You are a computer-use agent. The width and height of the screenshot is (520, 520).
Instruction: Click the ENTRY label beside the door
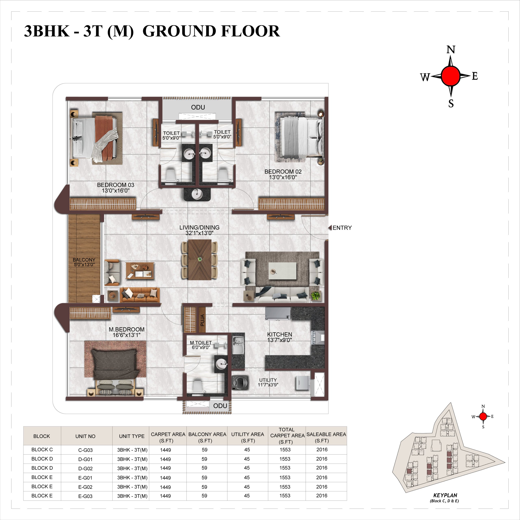342,228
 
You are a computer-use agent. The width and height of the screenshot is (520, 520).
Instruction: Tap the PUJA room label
202,320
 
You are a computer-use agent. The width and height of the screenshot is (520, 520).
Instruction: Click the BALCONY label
84,260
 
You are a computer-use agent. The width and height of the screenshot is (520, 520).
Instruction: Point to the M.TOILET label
201,343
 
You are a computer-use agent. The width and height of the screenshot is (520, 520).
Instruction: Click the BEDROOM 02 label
283,171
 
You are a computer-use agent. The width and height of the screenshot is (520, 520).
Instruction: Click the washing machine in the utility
239,382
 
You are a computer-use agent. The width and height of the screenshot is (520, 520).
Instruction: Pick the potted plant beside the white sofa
316,296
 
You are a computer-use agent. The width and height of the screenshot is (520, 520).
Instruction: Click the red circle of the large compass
451,76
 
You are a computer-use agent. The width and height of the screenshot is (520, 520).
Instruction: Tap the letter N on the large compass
451,50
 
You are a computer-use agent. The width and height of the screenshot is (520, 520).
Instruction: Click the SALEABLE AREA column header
326,437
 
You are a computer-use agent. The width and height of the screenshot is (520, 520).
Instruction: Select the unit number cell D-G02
85,468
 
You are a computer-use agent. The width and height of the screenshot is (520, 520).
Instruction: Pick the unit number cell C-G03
85,450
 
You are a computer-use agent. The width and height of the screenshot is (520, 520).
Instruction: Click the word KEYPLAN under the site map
445,495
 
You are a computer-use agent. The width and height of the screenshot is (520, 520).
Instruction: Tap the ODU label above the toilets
198,107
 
